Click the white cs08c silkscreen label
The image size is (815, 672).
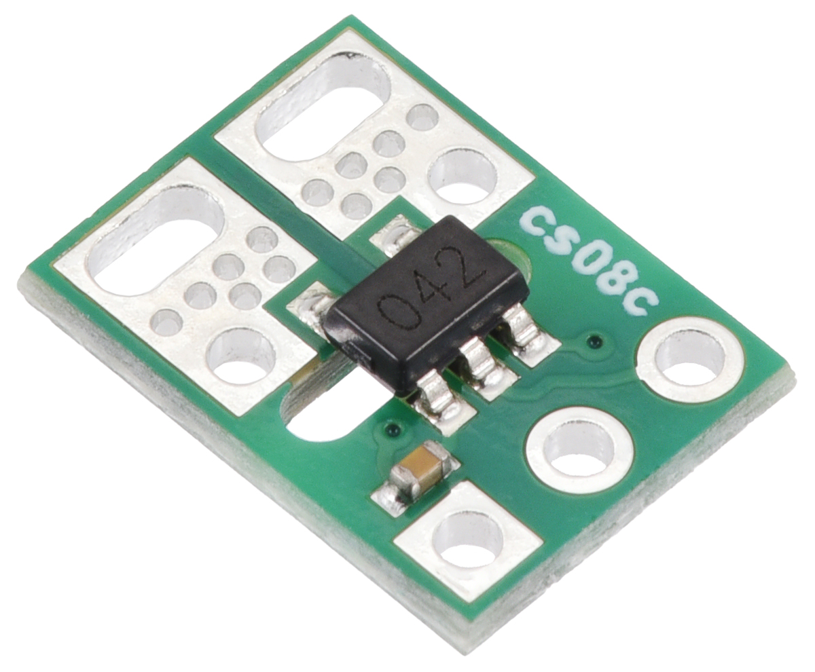[x=590, y=261]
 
